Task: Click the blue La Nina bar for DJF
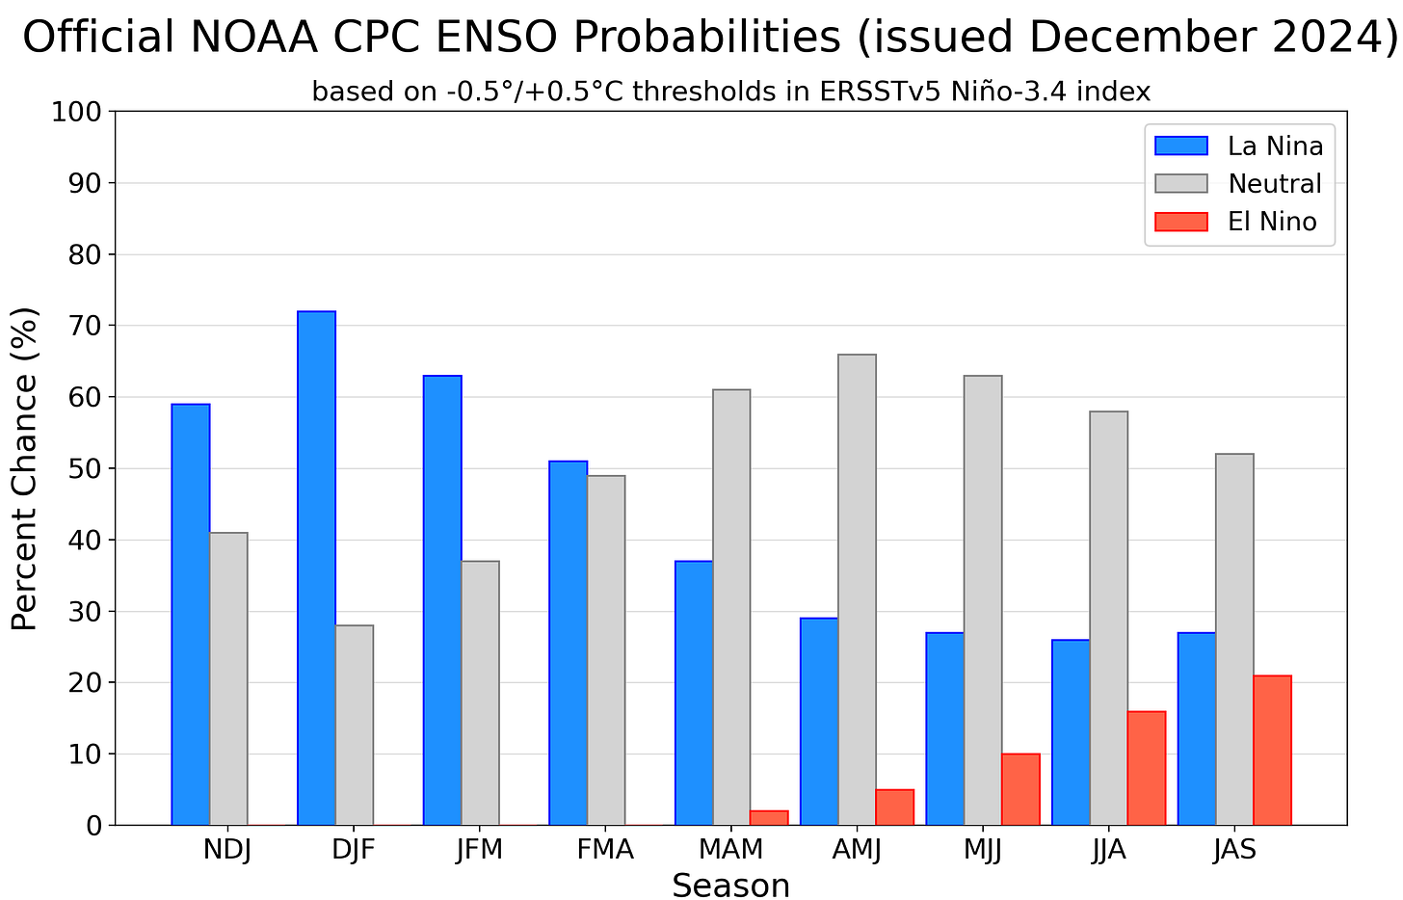tap(316, 568)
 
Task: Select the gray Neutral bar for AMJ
tap(857, 590)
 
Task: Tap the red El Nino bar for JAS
tap(1272, 750)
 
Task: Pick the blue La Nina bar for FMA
tap(568, 643)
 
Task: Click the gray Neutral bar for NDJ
tap(228, 678)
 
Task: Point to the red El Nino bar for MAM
tap(769, 818)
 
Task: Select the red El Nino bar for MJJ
tap(1020, 789)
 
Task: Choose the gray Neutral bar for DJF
tap(355, 725)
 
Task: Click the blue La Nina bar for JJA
tap(1071, 731)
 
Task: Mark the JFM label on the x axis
tap(480, 851)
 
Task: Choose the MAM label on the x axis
tap(731, 851)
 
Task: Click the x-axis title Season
tap(730, 885)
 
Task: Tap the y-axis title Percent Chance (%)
tap(25, 468)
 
